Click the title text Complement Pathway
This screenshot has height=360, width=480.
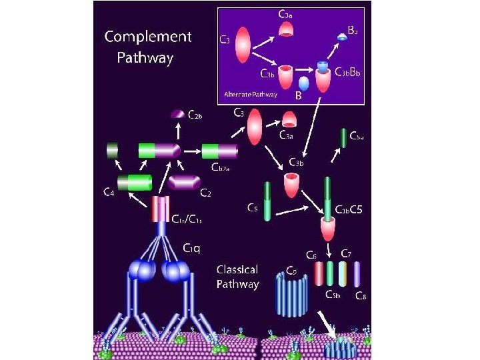point(147,47)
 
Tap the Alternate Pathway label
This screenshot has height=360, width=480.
point(251,95)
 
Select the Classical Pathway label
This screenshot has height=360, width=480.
point(237,277)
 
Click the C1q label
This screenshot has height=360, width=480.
point(192,247)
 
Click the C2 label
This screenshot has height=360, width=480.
point(207,193)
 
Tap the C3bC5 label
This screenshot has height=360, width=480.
point(349,210)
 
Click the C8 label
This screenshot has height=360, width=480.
point(360,296)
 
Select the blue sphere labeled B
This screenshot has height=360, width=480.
point(303,83)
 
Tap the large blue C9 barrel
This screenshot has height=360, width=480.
point(290,293)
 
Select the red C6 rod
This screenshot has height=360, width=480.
point(319,273)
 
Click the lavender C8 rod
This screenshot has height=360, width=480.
point(357,274)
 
